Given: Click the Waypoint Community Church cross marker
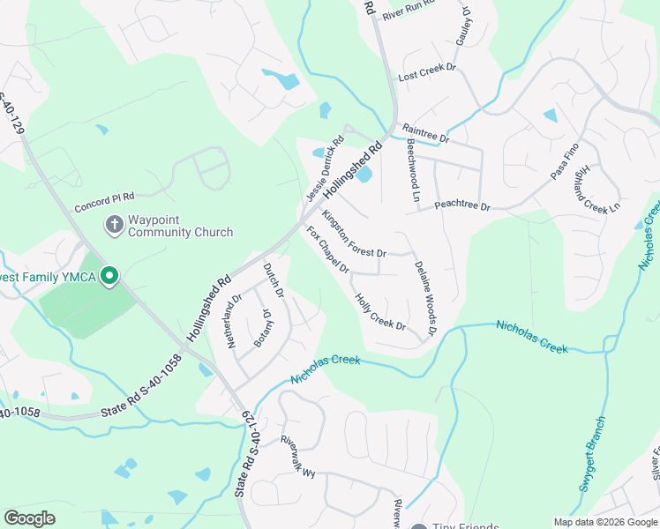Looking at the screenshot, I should click(113, 225).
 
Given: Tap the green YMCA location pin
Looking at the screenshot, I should click(109, 277).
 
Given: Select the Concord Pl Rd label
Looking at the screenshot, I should click(104, 198).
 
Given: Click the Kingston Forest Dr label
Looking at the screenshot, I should click(354, 234).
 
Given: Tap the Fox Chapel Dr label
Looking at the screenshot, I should click(327, 250).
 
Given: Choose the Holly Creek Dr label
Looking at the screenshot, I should click(379, 313).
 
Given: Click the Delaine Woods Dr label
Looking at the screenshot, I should click(425, 298).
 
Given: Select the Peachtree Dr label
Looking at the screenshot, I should click(461, 207).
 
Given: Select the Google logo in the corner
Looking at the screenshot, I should click(29, 518).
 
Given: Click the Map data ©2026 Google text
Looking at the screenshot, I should click(605, 522).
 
